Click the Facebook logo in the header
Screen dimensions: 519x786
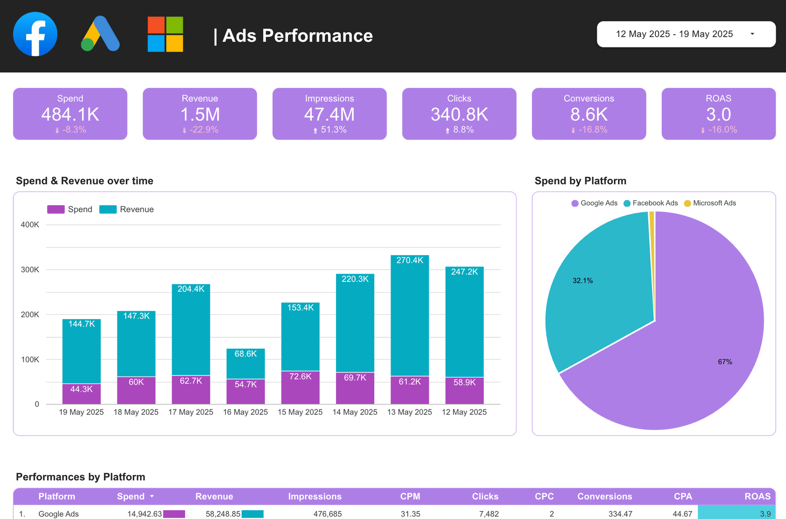pos(35,34)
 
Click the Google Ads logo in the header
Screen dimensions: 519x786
pos(100,34)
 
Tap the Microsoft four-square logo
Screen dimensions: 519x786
pos(165,34)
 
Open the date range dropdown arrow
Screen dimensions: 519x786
pos(752,34)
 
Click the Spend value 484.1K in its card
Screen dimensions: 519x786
pos(70,114)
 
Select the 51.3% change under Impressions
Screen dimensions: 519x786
pos(333,130)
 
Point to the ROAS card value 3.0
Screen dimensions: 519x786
pos(718,114)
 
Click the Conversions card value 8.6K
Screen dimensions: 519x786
pos(589,114)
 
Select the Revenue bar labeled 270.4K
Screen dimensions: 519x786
pos(410,314)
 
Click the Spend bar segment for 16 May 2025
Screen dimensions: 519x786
pos(246,392)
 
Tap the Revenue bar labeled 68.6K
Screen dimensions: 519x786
pos(246,363)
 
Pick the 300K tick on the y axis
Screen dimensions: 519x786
pos(30,270)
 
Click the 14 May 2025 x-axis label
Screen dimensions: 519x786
pos(355,412)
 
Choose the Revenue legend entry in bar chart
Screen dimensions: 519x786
pos(127,209)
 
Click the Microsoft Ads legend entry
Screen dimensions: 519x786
pos(710,203)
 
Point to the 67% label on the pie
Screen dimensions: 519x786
pos(725,362)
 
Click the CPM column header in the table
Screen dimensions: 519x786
pos(410,496)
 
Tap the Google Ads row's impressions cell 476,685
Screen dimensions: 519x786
pos(327,514)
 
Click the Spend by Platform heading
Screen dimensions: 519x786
pos(580,181)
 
